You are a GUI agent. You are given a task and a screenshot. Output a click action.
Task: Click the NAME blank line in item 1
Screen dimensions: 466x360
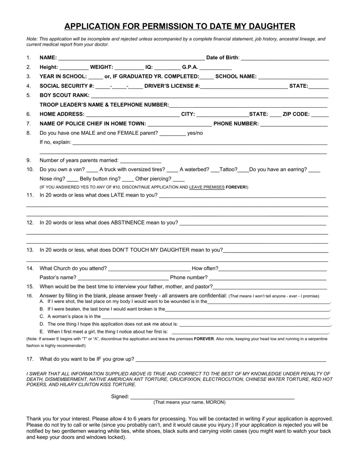pyautogui.click(x=131, y=58)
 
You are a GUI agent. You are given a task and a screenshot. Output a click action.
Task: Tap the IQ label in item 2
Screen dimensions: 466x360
pyautogui.click(x=149, y=67)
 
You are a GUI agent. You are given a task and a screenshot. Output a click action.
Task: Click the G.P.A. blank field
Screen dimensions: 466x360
pyautogui.click(x=215, y=67)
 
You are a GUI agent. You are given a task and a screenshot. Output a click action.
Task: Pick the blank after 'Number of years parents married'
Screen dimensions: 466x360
pyautogui.click(x=141, y=161)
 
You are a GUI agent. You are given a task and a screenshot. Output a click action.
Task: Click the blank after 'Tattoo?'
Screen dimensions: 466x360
pyautogui.click(x=243, y=170)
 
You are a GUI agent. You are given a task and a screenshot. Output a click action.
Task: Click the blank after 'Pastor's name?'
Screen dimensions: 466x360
pyautogui.click(x=123, y=278)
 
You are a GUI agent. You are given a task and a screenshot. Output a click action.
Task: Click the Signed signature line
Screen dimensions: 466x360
pyautogui.click(x=212, y=397)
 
